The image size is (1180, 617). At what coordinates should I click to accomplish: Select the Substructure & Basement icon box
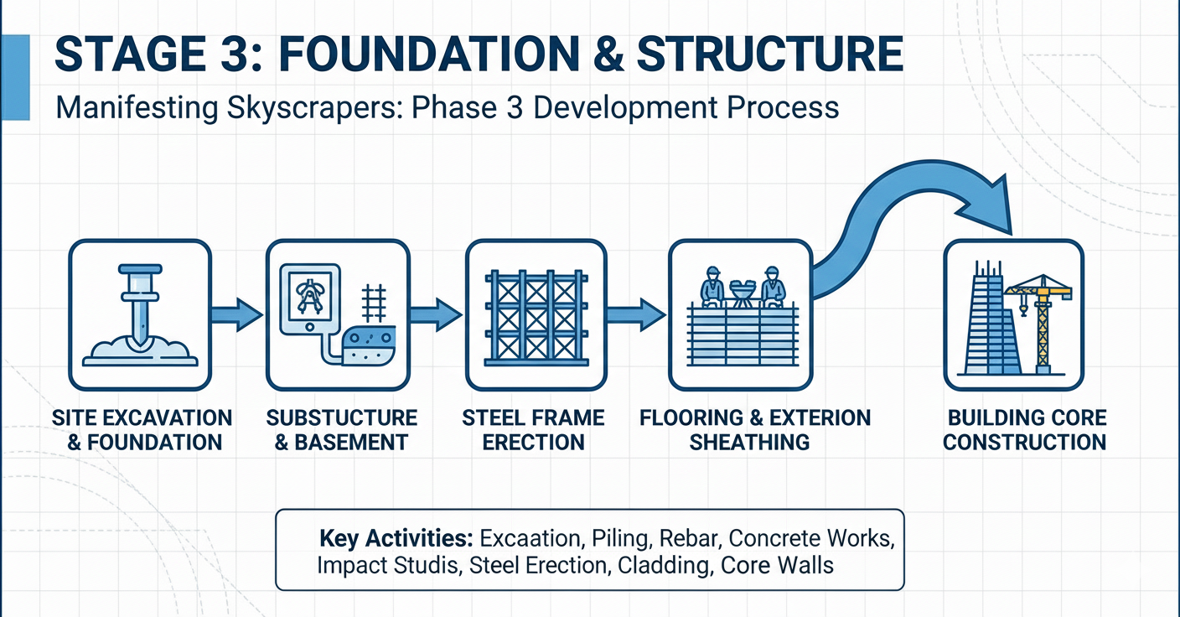pos(338,315)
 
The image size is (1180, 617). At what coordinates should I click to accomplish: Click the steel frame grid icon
pos(534,315)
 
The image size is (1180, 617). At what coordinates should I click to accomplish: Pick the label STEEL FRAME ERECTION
pos(534,429)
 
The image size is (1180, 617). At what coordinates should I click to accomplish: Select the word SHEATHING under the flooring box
pos(749,442)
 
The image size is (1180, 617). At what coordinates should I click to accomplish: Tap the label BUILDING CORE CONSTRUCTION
pos(1026,429)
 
